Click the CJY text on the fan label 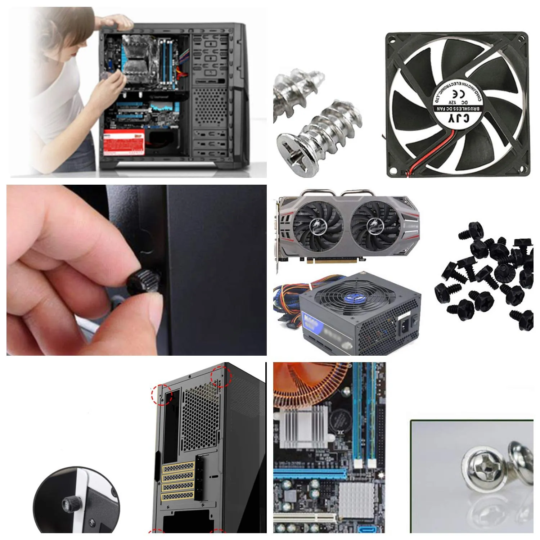click(458, 118)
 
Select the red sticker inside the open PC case click(124, 142)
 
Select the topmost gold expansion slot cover click(178, 468)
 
